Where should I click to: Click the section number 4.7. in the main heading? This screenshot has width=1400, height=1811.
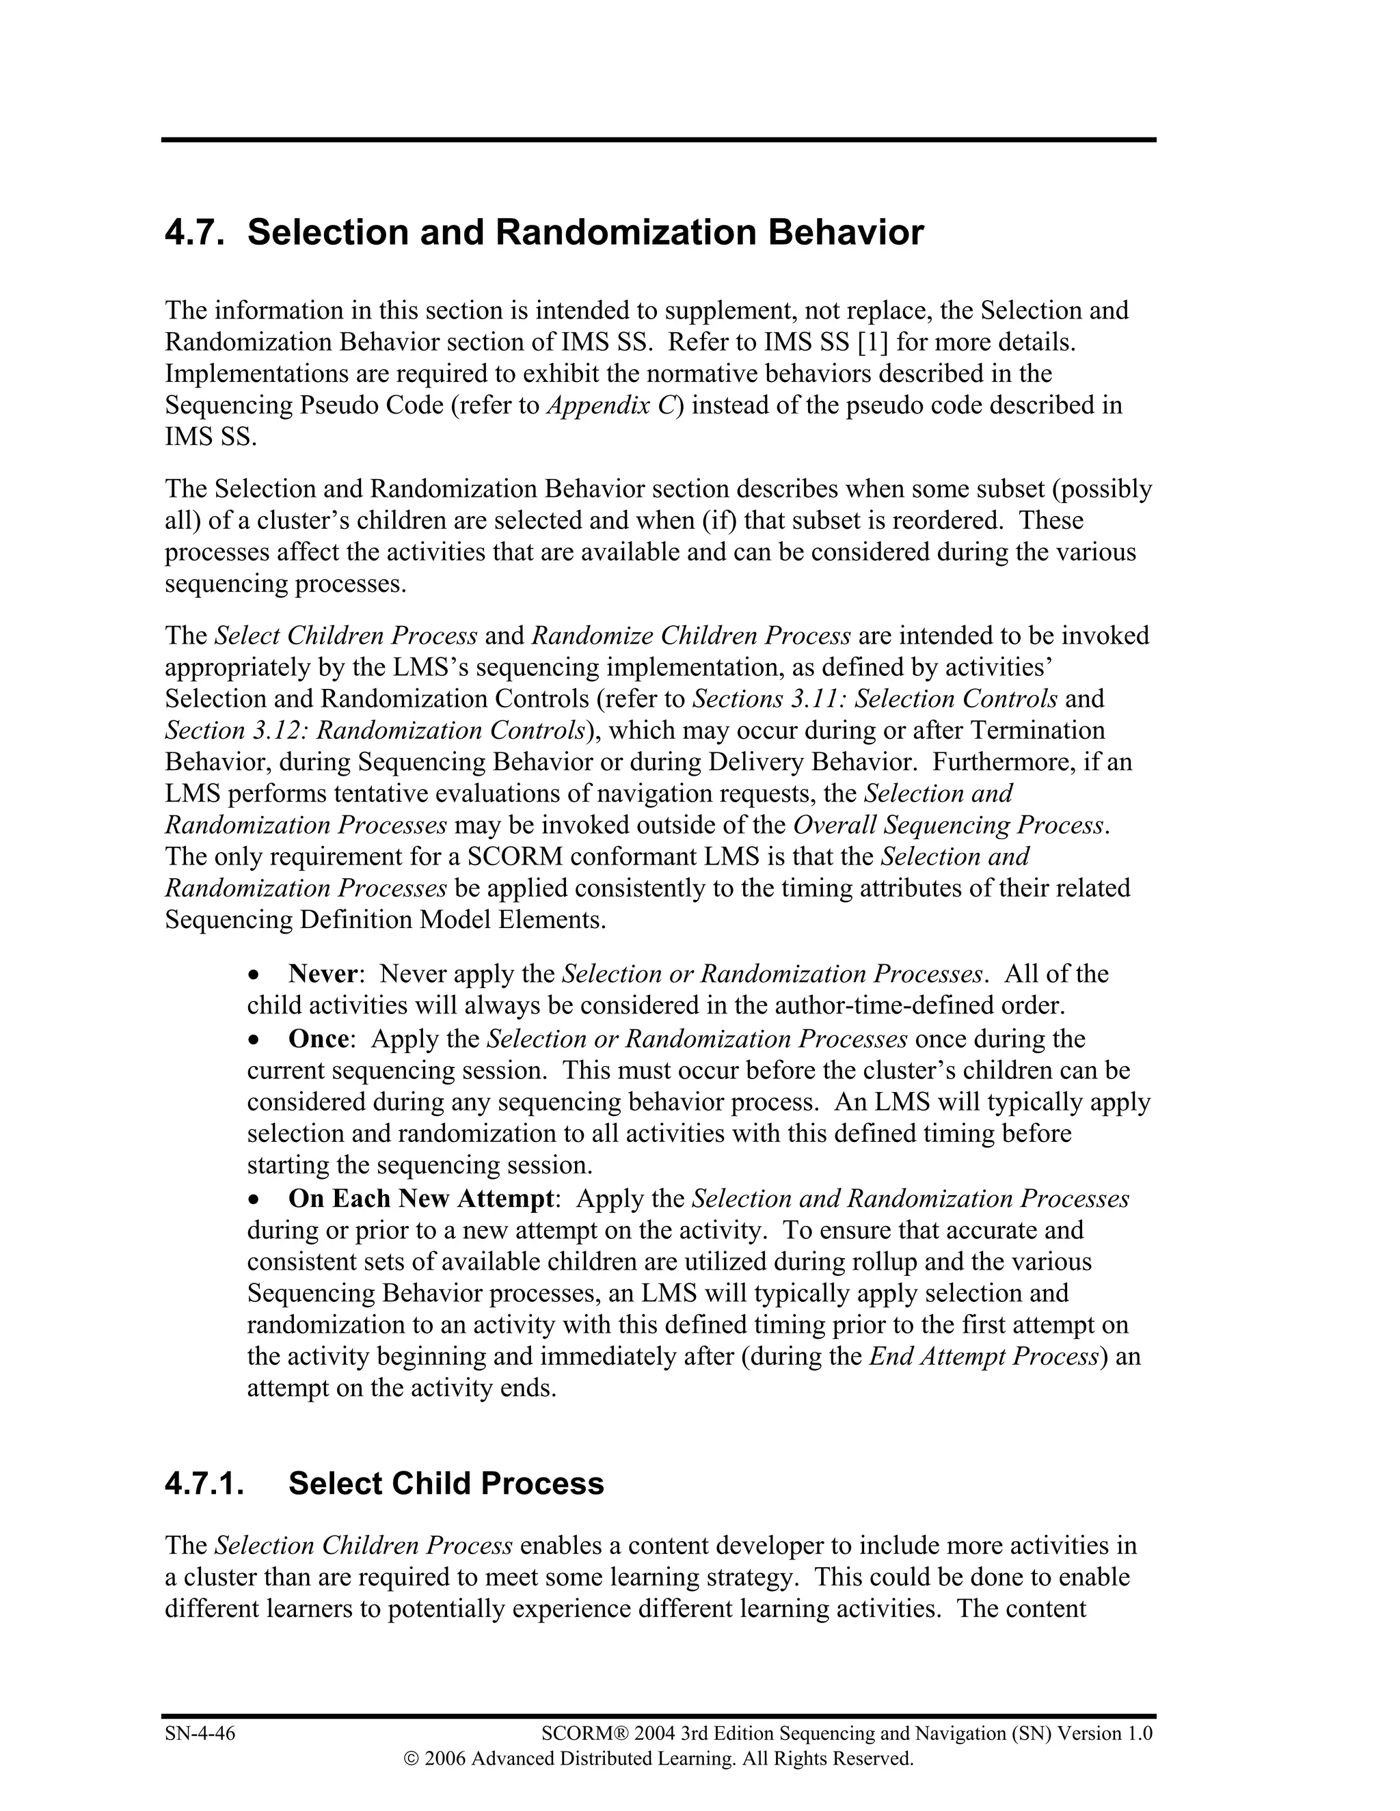(194, 233)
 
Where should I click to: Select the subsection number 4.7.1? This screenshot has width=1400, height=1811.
(204, 1484)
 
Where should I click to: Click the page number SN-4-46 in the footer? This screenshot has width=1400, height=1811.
(200, 1733)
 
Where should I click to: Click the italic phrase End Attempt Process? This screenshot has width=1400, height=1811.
(983, 1357)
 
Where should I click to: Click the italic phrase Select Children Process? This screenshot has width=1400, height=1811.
(346, 636)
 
